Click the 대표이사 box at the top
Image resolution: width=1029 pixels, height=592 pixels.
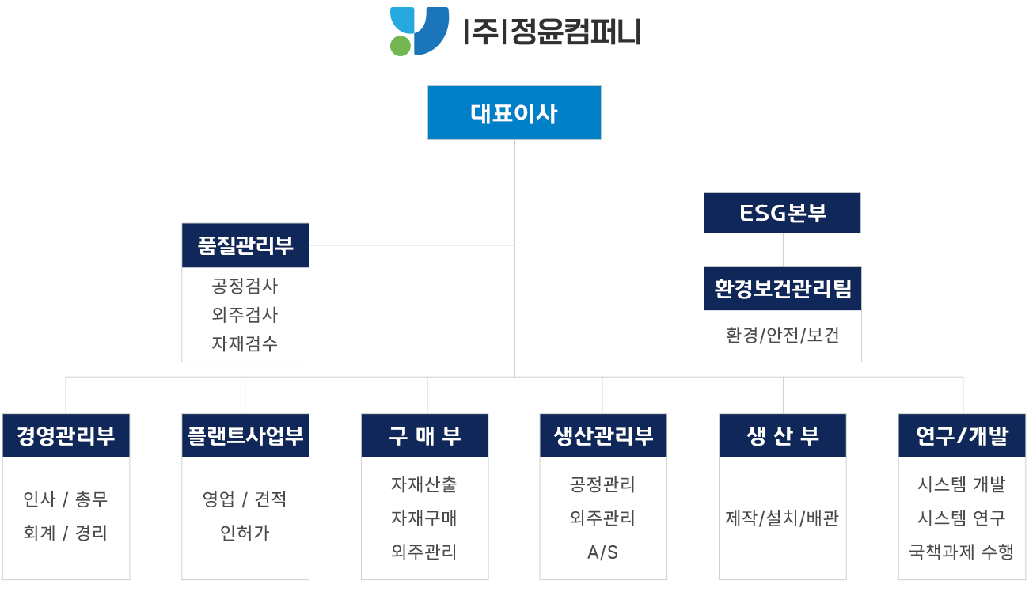pos(514,113)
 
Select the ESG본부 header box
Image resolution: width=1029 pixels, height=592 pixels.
pos(782,213)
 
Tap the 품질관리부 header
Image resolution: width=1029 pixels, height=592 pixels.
pos(245,245)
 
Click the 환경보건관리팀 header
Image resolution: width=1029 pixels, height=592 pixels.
pos(782,288)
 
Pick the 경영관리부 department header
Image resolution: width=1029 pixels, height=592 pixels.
pos(66,436)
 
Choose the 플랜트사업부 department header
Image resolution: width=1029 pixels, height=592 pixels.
pos(245,436)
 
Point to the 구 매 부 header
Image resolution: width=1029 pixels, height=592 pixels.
pos(425,436)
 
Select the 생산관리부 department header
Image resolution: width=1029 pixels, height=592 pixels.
pos(603,436)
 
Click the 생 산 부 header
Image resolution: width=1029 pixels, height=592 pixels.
pos(782,436)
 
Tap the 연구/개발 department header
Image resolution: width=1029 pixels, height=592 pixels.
pos(962,436)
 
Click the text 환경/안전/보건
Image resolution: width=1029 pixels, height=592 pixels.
pos(782,335)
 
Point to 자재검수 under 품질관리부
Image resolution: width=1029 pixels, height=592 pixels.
pos(245,343)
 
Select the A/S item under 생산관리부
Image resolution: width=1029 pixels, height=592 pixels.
pos(603,552)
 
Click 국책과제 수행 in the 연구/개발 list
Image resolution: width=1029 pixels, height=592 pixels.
pos(962,552)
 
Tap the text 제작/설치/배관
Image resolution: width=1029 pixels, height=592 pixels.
pos(782,518)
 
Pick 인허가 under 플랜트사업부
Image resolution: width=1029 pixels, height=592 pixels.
pos(245,533)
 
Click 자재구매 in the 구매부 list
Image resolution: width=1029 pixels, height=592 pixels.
pos(425,518)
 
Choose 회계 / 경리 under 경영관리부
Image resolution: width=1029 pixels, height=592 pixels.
pos(66,533)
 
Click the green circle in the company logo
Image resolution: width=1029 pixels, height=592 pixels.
pos(401,45)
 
